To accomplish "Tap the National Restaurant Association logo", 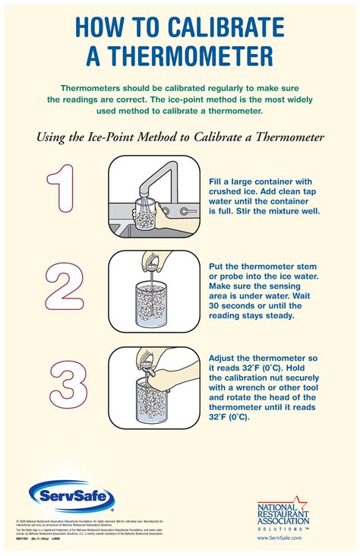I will tap(283, 509).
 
